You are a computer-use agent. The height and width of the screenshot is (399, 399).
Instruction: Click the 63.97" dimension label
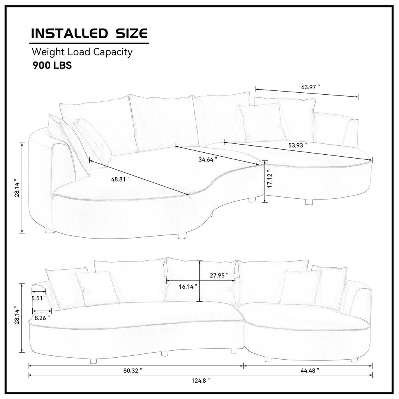pos(311,87)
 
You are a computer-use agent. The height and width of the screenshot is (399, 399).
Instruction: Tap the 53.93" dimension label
pos(297,145)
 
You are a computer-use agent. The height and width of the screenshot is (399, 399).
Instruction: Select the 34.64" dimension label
pos(208,159)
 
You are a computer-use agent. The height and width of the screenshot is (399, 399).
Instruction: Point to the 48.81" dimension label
pos(120,179)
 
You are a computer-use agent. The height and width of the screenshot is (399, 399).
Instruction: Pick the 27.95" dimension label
pos(219,275)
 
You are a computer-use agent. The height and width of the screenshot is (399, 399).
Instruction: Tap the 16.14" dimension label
pos(188,287)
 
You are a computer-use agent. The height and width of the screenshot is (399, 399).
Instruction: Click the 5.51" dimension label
pos(39,298)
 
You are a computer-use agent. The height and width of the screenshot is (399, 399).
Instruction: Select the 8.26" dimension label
pos(42,318)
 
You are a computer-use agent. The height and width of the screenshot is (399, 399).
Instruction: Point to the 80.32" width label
pos(132,371)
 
